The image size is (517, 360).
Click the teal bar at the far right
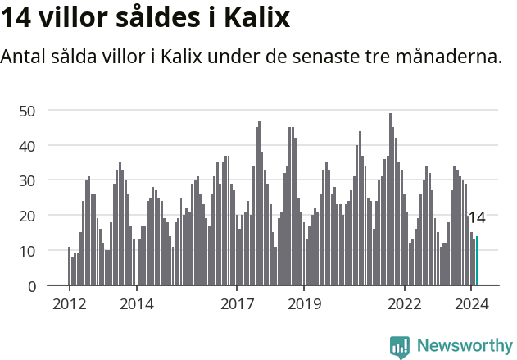477,262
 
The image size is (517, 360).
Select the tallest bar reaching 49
390,200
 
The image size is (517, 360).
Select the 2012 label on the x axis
69,303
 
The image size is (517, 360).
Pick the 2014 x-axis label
136,303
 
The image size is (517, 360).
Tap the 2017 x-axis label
237,303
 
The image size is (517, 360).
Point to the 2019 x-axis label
304,303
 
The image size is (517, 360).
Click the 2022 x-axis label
405,303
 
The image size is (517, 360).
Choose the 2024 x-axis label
472,303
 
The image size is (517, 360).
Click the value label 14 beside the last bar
476,217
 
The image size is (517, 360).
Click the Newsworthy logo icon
400,346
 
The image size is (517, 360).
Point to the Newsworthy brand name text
464,346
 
